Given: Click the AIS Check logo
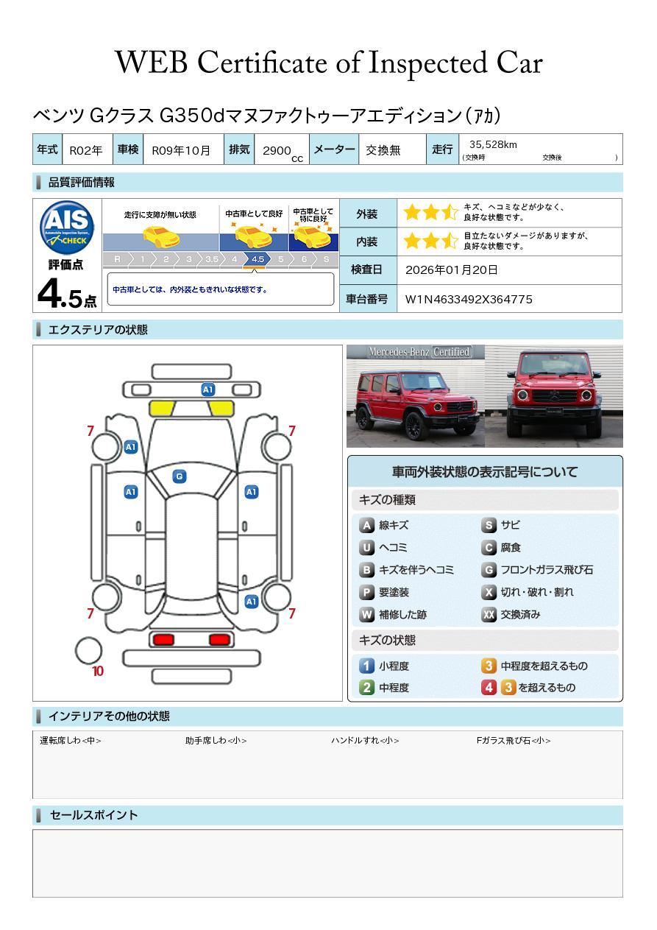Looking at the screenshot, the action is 67,228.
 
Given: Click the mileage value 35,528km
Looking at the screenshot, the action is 493,144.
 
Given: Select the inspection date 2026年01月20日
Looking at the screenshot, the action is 451,270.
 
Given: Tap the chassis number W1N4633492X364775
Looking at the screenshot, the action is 469,299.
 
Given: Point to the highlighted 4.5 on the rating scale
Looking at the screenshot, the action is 258,259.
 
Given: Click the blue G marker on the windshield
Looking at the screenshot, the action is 180,476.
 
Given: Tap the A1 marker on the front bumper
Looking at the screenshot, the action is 207,390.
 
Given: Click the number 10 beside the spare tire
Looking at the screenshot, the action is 98,671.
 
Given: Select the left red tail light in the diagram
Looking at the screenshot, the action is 163,639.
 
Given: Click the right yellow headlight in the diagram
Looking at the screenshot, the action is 221,409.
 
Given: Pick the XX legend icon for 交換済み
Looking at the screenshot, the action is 489,614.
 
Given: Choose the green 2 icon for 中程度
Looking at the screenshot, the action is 366,688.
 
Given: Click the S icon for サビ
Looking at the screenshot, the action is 489,525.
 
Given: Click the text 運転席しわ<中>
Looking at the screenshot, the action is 71,740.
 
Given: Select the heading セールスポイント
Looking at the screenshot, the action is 93,815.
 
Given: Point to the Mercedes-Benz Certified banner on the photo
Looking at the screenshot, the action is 419,352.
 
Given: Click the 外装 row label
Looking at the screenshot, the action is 367,214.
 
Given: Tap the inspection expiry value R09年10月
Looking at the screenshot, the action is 181,150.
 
